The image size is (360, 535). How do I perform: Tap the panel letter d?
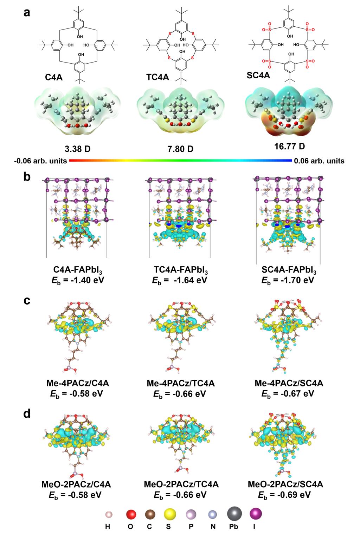[x=27, y=413]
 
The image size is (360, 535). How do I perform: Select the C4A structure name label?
[x=54, y=77]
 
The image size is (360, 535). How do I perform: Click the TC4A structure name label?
[x=157, y=77]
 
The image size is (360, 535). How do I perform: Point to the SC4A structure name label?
[x=258, y=75]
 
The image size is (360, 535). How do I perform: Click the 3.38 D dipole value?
[x=77, y=149]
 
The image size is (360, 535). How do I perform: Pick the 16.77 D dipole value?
[x=289, y=146]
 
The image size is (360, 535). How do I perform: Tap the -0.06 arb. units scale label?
[x=40, y=161]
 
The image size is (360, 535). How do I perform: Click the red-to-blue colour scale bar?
[x=180, y=161]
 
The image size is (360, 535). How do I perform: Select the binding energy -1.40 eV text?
[x=78, y=280]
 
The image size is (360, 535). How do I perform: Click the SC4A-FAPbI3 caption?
[x=289, y=270]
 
